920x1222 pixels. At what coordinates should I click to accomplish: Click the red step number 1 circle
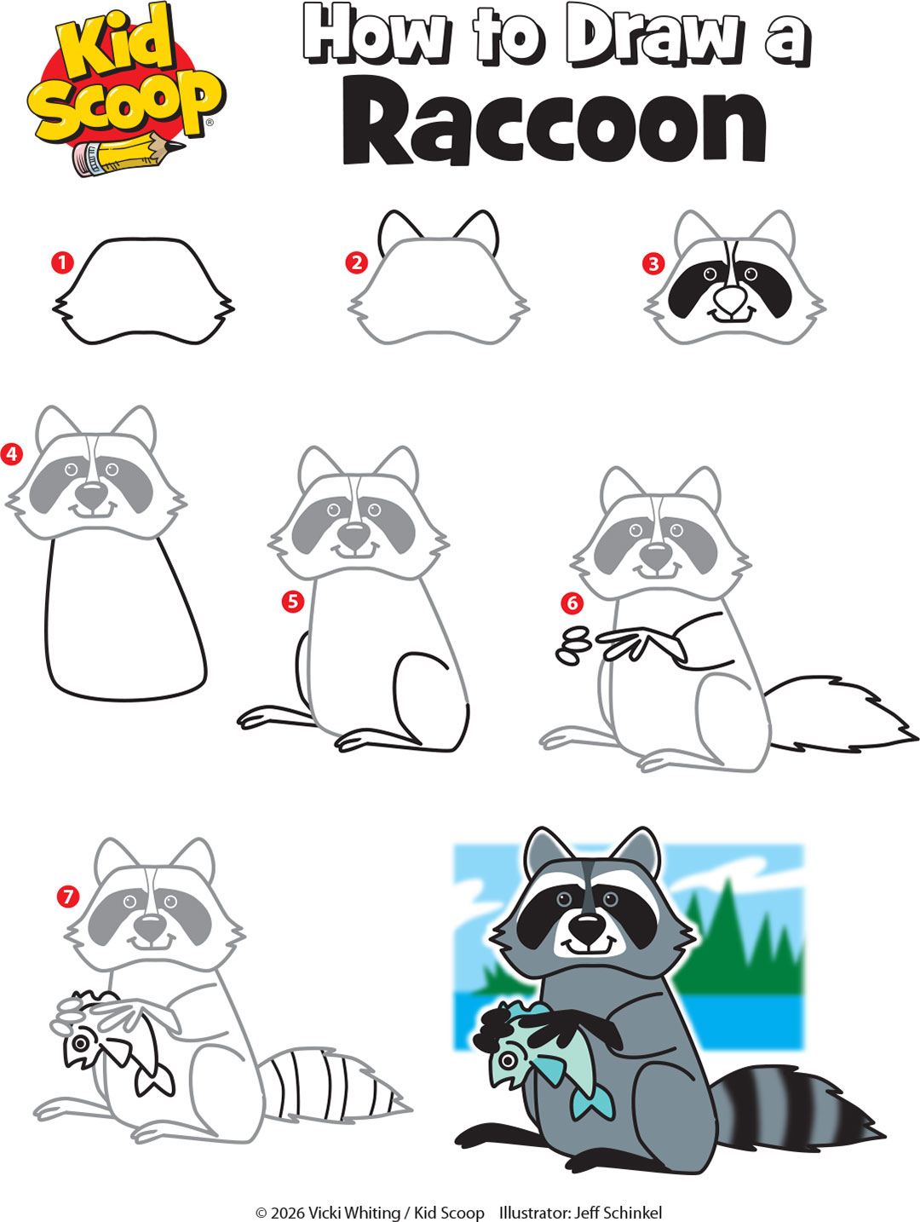click(x=62, y=262)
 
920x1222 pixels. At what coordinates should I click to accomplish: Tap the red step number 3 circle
click(x=653, y=263)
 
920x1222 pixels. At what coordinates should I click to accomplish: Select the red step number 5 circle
click(x=293, y=602)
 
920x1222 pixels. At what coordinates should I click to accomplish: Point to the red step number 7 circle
click(x=68, y=896)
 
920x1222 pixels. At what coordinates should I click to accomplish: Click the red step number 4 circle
click(x=12, y=453)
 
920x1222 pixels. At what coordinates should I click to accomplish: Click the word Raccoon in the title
click(x=554, y=126)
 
